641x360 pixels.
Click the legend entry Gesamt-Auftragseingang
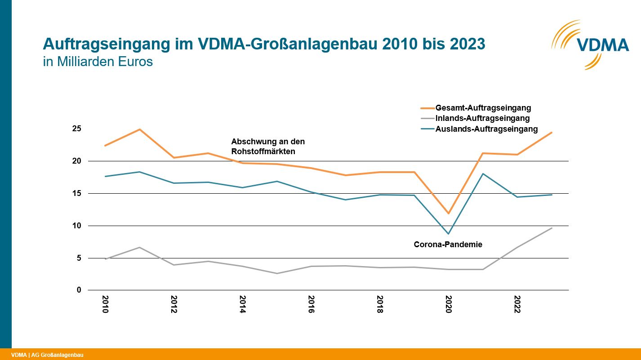pyautogui.click(x=483, y=108)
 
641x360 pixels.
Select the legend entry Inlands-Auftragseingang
pyautogui.click(x=482, y=119)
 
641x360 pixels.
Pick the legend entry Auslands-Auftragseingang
pyautogui.click(x=486, y=129)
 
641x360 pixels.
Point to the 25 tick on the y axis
pyautogui.click(x=77, y=129)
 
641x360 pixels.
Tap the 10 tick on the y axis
pyautogui.click(x=77, y=226)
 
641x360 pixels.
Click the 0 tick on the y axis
pyautogui.click(x=79, y=290)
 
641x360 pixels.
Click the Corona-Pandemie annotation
pyautogui.click(x=448, y=245)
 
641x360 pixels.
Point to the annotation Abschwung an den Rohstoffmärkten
pyautogui.click(x=268, y=147)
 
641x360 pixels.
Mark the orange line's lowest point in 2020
pyautogui.click(x=448, y=213)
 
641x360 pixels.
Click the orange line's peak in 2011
pyautogui.click(x=140, y=129)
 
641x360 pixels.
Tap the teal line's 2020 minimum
pyautogui.click(x=448, y=234)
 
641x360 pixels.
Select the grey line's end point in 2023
pyautogui.click(x=552, y=228)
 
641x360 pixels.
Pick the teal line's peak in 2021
pyautogui.click(x=483, y=173)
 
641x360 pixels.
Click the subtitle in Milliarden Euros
pyautogui.click(x=98, y=62)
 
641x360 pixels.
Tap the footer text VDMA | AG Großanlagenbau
pyautogui.click(x=47, y=355)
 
